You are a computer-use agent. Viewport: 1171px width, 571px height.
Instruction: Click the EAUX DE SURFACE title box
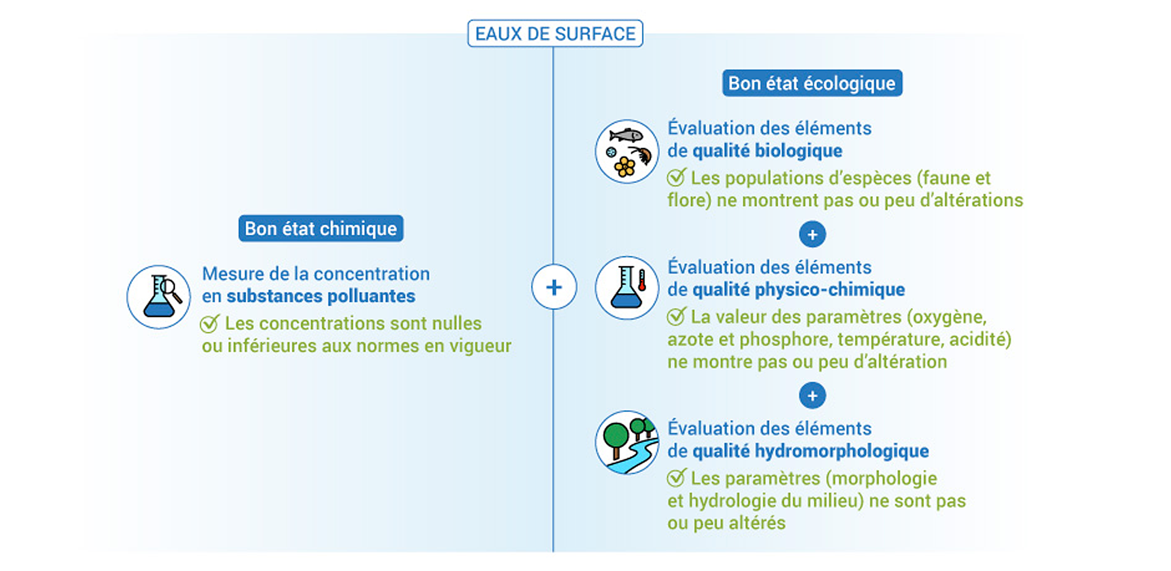tap(555, 33)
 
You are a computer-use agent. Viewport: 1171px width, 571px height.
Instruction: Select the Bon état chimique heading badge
tap(321, 228)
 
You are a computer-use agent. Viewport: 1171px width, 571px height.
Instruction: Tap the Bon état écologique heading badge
tap(812, 83)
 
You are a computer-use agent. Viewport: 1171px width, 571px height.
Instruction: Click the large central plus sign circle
tap(554, 287)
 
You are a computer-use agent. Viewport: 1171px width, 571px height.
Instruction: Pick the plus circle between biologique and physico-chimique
tap(812, 234)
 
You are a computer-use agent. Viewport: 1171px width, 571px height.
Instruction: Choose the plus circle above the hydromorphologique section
tap(812, 395)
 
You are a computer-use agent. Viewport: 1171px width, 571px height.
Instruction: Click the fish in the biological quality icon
tap(626, 135)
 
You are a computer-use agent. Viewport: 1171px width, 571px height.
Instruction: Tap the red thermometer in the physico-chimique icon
tap(642, 280)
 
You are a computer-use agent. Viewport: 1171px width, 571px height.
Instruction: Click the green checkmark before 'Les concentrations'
tap(210, 324)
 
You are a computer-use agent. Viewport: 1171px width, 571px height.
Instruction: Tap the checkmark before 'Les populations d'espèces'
tap(676, 177)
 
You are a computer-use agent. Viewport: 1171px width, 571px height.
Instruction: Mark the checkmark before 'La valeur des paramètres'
tap(676, 316)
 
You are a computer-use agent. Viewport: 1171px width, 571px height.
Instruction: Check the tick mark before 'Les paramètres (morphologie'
tap(676, 478)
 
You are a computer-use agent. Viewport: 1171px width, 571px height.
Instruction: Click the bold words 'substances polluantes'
tap(321, 296)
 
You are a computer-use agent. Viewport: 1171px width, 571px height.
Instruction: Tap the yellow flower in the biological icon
tap(624, 166)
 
